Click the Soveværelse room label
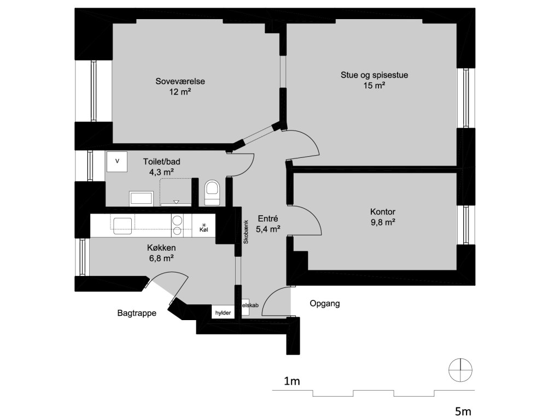coord(180,81)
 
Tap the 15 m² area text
coord(374,86)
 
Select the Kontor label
coord(382,211)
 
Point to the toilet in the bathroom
coord(212,193)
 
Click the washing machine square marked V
coord(117,161)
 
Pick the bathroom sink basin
coord(141,199)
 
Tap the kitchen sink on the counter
coord(122,226)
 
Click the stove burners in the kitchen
coord(177,226)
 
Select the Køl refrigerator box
coord(203,226)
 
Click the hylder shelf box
coord(223,312)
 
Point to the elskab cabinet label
coord(250,305)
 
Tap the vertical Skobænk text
coord(246,232)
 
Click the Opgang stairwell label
coord(325,304)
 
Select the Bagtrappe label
coord(137,313)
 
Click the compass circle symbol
coord(460,370)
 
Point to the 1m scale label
coord(292,381)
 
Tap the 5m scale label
coord(463,411)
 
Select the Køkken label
coord(161,248)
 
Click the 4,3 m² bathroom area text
coord(161,173)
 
